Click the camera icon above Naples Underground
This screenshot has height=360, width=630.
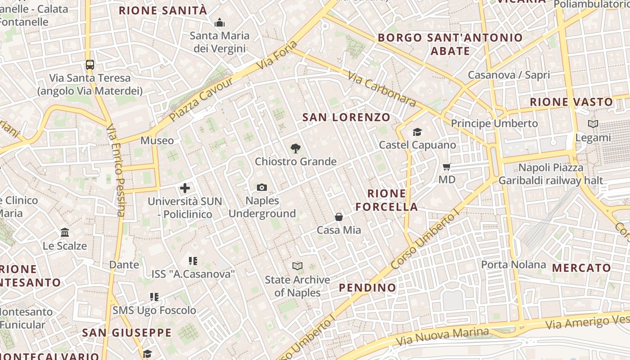[261, 187]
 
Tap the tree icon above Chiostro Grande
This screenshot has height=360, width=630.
[296, 148]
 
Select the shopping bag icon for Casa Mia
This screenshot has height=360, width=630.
[339, 217]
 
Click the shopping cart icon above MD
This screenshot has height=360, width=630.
[446, 167]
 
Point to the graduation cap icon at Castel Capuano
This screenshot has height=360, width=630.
[417, 132]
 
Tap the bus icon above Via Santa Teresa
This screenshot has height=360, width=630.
[90, 64]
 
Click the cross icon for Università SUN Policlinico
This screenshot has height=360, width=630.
[185, 188]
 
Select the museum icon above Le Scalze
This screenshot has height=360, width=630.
[65, 233]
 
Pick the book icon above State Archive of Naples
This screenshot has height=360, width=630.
[297, 266]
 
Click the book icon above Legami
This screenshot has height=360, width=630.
[593, 124]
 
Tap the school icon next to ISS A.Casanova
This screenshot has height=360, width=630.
[193, 261]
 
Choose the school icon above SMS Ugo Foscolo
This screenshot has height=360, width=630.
[154, 297]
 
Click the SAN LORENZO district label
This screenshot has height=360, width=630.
[346, 117]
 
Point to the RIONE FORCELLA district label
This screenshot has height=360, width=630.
[387, 200]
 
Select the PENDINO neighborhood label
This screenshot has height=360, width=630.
[367, 288]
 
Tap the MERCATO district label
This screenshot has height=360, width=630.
[581, 268]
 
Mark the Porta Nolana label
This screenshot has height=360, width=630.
[513, 264]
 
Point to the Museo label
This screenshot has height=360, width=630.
[157, 140]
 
